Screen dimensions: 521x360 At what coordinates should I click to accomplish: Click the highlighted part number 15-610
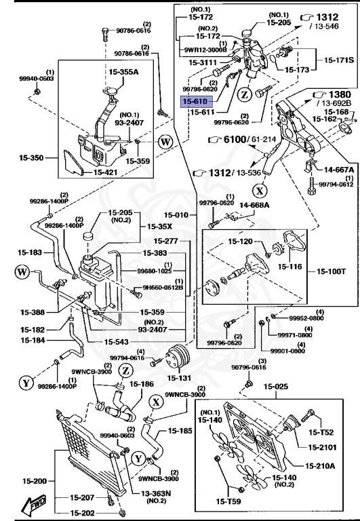coord(195,101)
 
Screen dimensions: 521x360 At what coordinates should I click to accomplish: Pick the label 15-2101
coord(324,447)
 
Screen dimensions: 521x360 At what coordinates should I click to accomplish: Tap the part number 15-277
coord(165,240)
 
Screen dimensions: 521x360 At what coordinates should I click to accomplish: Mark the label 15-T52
coord(323,432)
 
